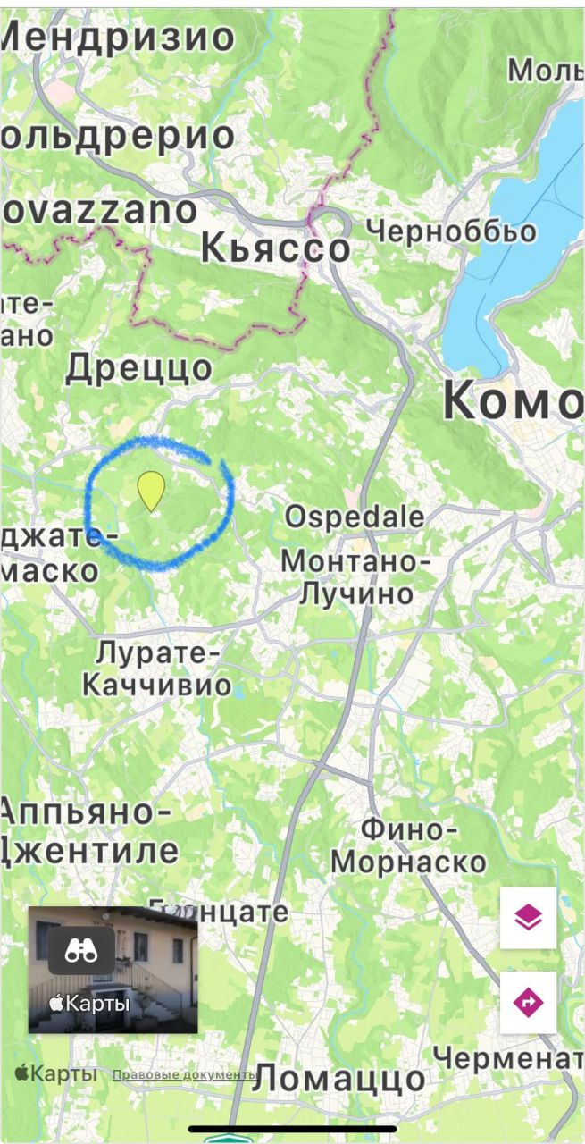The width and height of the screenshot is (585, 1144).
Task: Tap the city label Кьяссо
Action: tap(275, 247)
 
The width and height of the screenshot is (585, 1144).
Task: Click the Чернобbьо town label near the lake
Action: tap(452, 231)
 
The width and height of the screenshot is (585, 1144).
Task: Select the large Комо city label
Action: tap(513, 401)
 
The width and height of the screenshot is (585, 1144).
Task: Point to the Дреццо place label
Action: tap(139, 367)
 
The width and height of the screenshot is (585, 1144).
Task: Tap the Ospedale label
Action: tap(354, 517)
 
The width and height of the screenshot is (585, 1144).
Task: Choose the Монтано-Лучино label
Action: tap(355, 577)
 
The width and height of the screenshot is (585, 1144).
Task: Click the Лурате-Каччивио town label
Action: tap(157, 669)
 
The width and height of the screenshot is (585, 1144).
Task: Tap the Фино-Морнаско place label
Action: tap(408, 845)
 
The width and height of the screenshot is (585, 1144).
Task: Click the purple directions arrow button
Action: tap(528, 1002)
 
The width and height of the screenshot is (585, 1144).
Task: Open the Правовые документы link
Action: tap(184, 1074)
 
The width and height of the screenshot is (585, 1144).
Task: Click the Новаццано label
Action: tap(98, 211)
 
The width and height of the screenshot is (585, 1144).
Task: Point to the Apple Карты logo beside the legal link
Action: tap(55, 1073)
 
